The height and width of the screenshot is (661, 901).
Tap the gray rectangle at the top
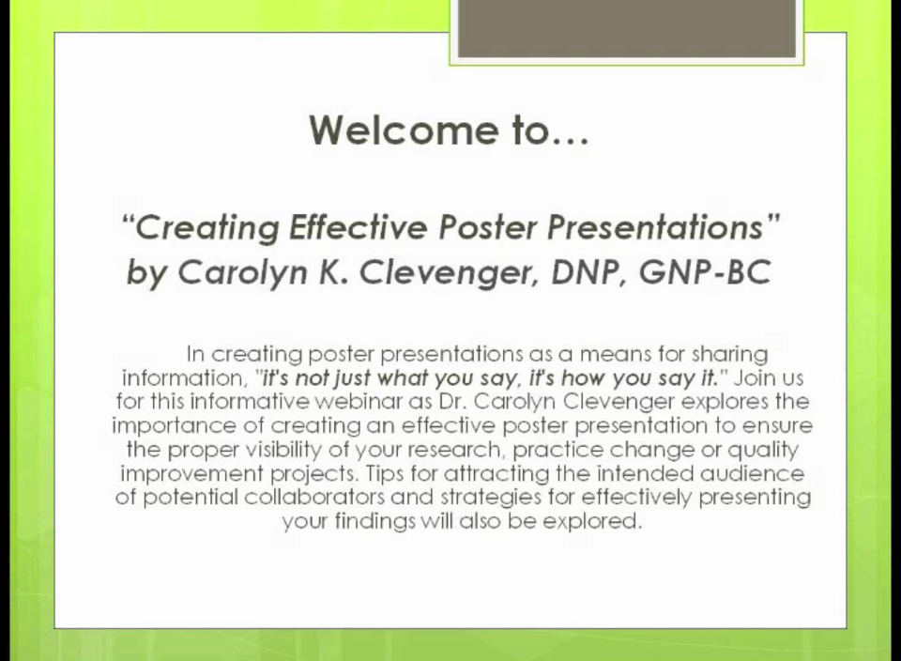click(x=626, y=28)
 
